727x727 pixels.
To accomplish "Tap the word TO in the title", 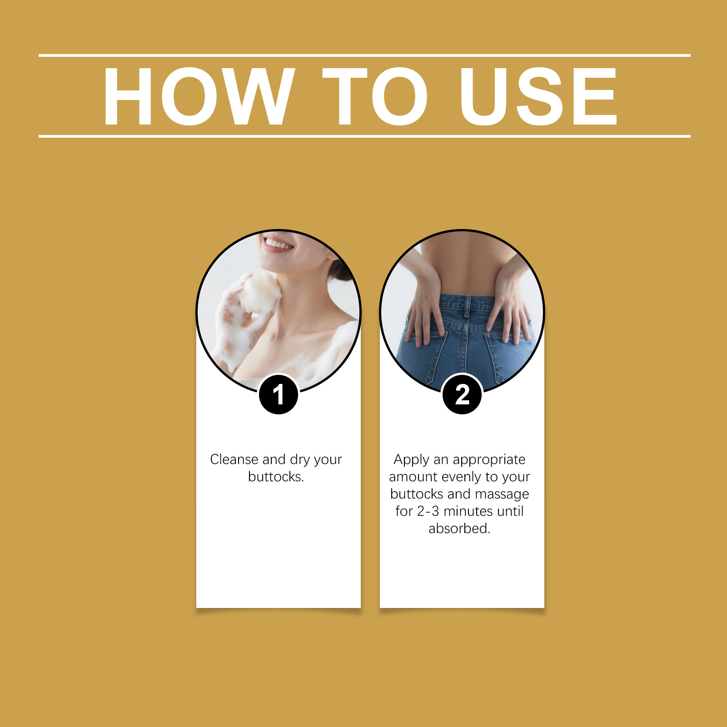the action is (x=375, y=96).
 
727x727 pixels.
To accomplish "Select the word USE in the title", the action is (x=538, y=96).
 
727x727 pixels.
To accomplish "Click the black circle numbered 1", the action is (x=279, y=394).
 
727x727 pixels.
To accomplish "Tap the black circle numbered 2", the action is (x=462, y=394).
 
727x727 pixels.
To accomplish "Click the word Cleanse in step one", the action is (x=234, y=459).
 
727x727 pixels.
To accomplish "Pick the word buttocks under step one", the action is (x=276, y=477).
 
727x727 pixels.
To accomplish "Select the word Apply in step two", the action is (x=411, y=460).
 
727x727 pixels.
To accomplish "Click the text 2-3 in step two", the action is (x=428, y=511).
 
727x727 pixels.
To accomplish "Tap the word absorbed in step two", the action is (x=459, y=528).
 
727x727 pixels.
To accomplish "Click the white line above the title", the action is (x=364, y=55).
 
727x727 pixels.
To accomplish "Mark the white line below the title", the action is (x=364, y=136).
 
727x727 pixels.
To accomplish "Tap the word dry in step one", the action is (x=299, y=460).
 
